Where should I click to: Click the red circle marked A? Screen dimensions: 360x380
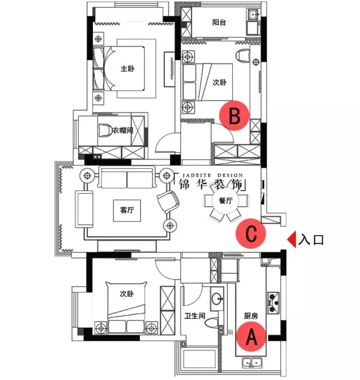point(251,337)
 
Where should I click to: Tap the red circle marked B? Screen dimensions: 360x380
point(235,116)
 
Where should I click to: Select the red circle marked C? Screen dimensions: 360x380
point(251,233)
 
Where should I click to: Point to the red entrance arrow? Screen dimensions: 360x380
point(291,239)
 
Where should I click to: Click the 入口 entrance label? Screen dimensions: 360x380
point(311,239)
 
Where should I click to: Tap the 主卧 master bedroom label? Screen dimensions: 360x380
point(128,69)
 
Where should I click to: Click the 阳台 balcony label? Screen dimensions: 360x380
point(219,22)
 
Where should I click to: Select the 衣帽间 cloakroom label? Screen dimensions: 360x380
point(123,130)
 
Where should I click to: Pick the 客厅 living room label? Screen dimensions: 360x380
point(127,210)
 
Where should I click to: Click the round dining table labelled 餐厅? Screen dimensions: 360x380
point(226,201)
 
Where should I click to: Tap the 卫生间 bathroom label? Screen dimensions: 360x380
point(195,316)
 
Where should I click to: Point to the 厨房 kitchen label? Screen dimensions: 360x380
point(251,316)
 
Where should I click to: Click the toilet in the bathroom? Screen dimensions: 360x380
point(211,323)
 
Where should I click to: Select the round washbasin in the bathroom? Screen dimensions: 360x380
point(217,299)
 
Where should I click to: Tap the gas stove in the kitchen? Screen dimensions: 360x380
point(273,303)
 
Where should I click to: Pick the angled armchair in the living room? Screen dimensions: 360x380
point(168,202)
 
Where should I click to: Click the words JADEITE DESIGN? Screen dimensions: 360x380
point(213,175)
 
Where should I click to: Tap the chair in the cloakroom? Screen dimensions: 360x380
point(105,130)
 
